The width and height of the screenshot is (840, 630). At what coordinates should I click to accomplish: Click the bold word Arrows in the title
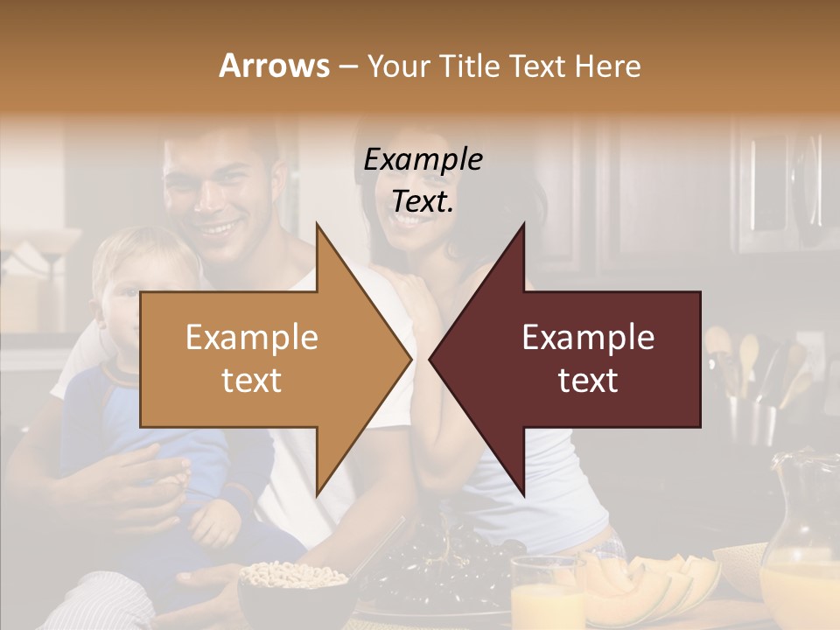point(274,66)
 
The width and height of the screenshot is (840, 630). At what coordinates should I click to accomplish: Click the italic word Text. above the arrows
point(423,201)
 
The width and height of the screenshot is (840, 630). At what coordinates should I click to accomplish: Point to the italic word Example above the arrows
point(423,160)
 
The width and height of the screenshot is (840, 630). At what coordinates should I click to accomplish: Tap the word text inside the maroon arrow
point(588,380)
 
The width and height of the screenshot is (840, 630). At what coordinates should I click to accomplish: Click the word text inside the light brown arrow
point(252,380)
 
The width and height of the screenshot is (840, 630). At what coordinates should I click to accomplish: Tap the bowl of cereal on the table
point(293,582)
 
